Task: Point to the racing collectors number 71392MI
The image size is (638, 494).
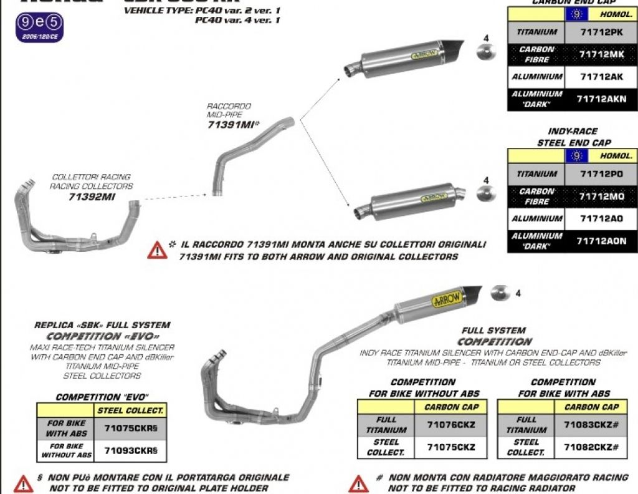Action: (x=93, y=196)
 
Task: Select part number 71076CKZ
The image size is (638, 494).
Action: (x=451, y=425)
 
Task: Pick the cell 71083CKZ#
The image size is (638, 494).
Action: (x=591, y=425)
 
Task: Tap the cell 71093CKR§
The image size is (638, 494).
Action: (x=131, y=450)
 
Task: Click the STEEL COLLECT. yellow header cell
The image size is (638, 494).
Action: (x=131, y=410)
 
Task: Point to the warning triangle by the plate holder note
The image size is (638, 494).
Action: (x=23, y=483)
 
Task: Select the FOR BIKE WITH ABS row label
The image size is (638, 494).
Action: (x=65, y=427)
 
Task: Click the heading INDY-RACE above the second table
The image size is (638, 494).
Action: (x=572, y=132)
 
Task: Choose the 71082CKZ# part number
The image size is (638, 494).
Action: (x=591, y=447)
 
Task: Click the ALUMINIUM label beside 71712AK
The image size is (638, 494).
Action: (x=537, y=77)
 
